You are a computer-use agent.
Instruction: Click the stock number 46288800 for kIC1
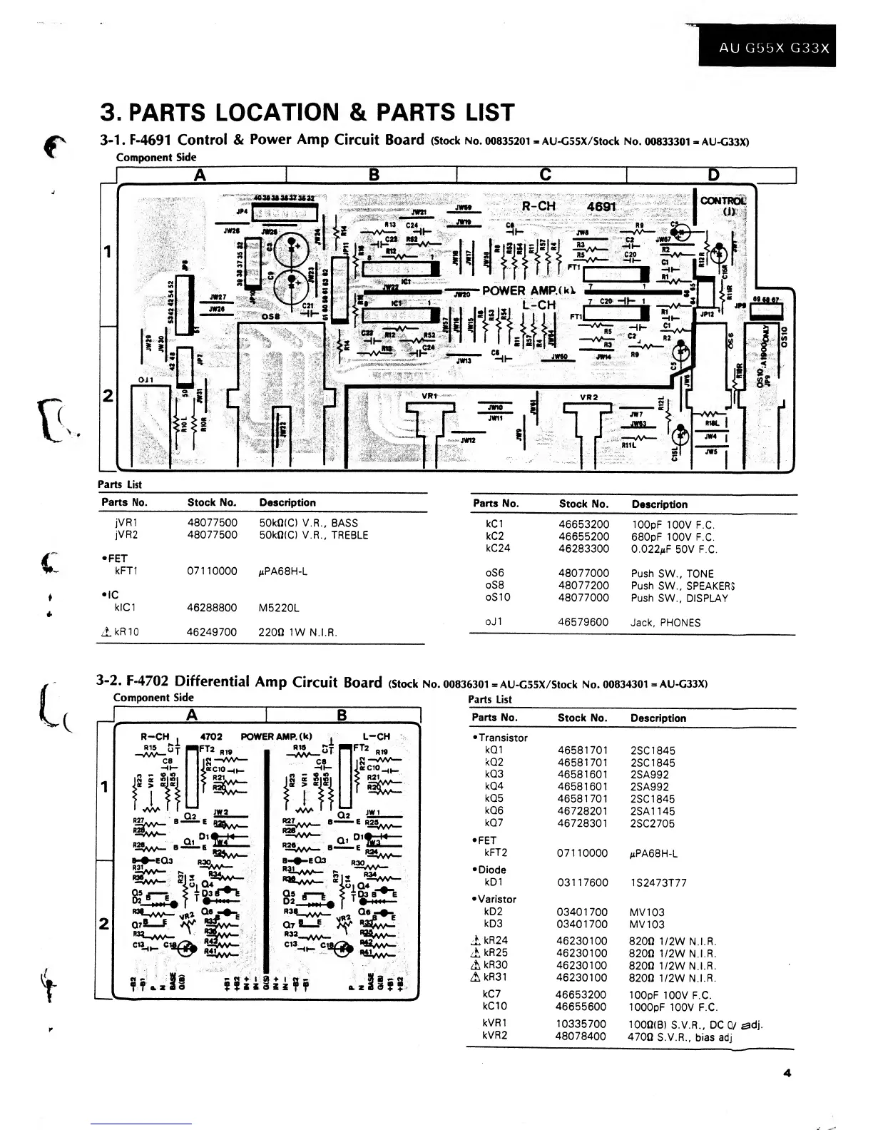click(212, 608)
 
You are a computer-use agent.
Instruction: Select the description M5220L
click(279, 608)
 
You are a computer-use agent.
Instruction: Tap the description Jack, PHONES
click(665, 622)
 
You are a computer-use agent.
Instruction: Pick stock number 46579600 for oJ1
click(583, 622)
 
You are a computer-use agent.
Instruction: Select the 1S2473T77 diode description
click(658, 882)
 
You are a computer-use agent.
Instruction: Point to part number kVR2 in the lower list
click(495, 1036)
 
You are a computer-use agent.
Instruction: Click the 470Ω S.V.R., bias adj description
click(680, 1036)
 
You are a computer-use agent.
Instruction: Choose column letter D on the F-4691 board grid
click(713, 175)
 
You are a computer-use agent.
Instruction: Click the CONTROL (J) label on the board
click(723, 205)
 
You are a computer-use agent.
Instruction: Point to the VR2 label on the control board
click(588, 397)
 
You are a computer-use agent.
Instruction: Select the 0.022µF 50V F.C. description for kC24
click(674, 549)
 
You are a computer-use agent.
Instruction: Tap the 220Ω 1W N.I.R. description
click(297, 632)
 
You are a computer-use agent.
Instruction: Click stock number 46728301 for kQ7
click(582, 823)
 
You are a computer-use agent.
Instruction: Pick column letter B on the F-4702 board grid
click(342, 715)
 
